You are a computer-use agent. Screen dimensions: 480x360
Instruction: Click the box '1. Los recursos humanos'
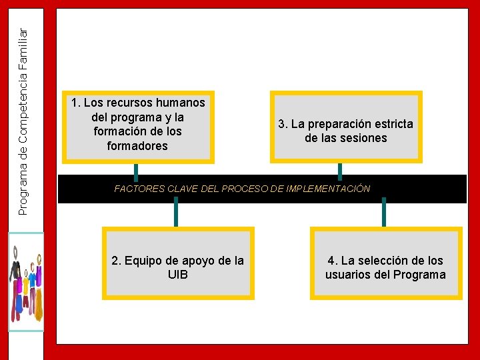[x=138, y=126]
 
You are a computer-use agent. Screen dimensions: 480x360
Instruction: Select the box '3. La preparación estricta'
[x=345, y=127]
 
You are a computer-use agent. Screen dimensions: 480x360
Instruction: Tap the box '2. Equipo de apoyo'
[x=177, y=263]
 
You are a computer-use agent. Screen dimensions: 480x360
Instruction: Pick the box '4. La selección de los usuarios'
[x=385, y=263]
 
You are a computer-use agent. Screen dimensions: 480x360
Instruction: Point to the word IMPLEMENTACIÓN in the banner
[x=333, y=189]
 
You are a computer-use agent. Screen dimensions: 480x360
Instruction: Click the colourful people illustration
[x=25, y=281]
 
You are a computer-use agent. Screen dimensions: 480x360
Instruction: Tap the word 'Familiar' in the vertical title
[x=23, y=48]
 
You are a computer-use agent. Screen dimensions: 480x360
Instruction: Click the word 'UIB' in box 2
[x=178, y=274]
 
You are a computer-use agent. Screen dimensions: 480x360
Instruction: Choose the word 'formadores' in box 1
[x=137, y=145]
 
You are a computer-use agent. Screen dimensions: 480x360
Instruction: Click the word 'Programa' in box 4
[x=419, y=275]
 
